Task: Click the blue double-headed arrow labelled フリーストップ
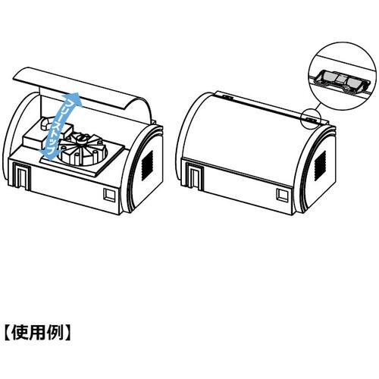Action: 61,127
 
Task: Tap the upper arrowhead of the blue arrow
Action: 75,99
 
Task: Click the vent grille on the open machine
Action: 147,165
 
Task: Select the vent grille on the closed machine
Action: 321,165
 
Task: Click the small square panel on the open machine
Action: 109,195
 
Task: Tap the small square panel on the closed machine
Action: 282,195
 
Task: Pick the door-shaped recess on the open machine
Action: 22,176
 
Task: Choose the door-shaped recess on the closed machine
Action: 195,176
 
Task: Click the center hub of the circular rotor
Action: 81,138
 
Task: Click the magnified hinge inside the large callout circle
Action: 342,81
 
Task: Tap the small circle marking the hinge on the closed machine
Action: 311,119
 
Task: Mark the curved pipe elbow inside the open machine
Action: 45,123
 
